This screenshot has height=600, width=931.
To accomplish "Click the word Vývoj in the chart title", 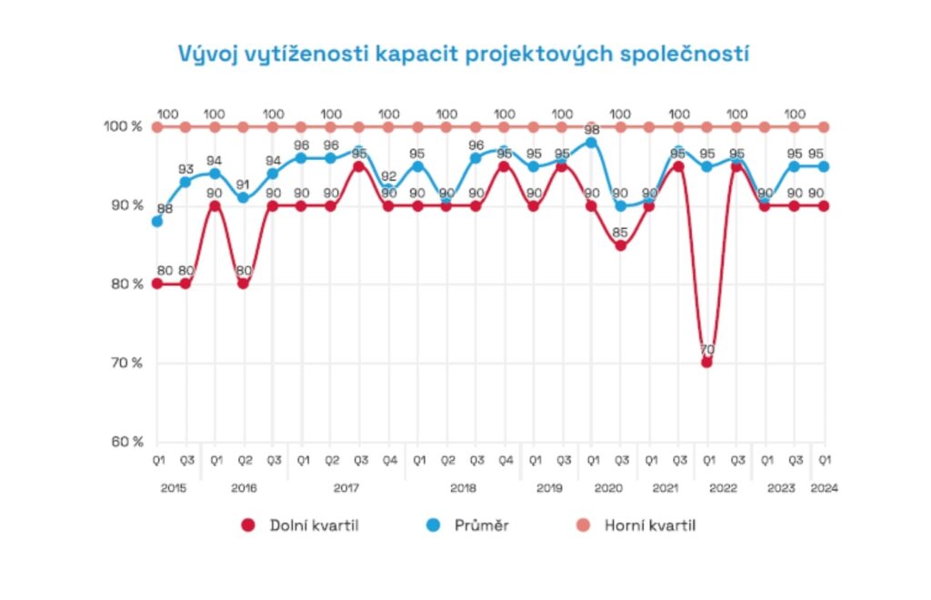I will pos(205,54).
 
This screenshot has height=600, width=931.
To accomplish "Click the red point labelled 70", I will pos(707,363).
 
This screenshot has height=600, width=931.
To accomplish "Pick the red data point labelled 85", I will pos(621,245).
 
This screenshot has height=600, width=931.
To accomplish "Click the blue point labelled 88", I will pos(156,222).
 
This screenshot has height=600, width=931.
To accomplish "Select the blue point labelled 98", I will pos(592,143).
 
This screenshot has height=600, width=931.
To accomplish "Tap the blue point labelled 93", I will pos(185,182).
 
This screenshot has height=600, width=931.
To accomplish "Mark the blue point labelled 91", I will pos(244,198).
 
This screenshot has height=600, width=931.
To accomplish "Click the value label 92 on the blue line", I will pos(389,176).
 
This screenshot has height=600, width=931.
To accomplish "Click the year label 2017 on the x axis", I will pos(345,488).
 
